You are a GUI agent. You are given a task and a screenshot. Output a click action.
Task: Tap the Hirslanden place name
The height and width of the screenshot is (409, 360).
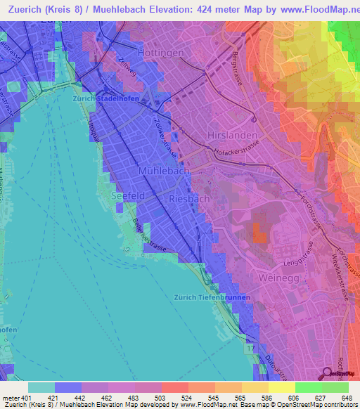pyautogui.click(x=230, y=134)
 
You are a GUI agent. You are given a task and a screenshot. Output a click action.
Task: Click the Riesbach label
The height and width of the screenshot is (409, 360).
pyautogui.click(x=189, y=199)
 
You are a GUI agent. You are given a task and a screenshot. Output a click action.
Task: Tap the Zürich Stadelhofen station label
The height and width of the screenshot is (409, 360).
pyautogui.click(x=103, y=99)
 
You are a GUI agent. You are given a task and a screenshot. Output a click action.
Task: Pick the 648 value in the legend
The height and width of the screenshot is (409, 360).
pyautogui.click(x=347, y=399)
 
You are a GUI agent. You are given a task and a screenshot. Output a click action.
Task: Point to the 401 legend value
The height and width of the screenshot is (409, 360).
pyautogui.click(x=27, y=399)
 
